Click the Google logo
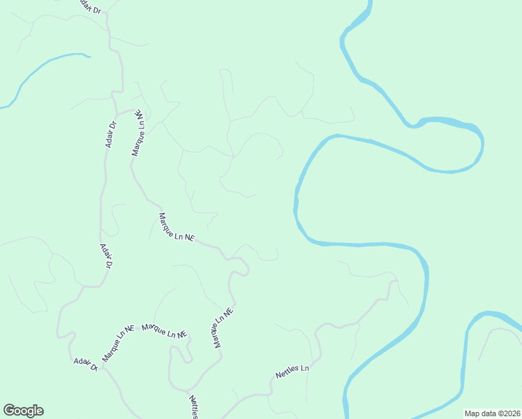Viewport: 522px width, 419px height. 23,411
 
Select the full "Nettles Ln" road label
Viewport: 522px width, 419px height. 292,371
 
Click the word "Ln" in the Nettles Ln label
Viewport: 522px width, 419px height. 304,368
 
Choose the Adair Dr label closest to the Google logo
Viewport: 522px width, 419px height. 85,364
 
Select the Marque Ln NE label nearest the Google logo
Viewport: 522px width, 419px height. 118,343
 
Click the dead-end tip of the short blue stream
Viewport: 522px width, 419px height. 89,57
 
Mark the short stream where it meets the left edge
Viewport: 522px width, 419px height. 2,108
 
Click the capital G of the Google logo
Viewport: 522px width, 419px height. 9,411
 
